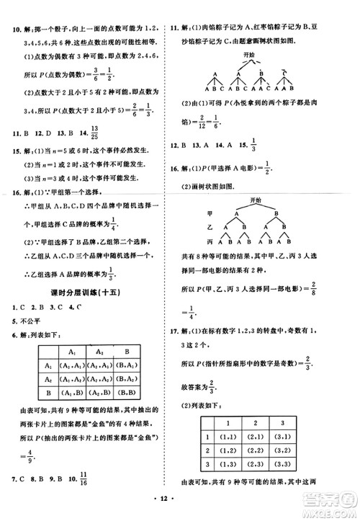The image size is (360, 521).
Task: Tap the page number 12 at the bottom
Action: click(180, 509)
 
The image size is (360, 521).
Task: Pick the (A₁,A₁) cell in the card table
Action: click(72, 364)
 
